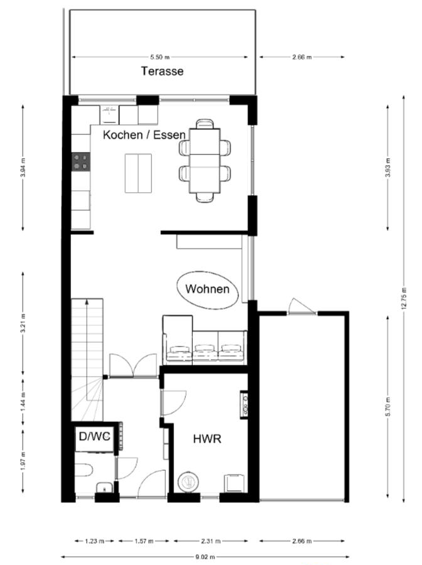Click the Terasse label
(x=162, y=71)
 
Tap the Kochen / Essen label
(x=144, y=135)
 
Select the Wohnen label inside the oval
(x=207, y=289)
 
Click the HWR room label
(x=207, y=439)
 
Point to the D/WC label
(x=94, y=436)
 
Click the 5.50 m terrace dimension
(x=160, y=57)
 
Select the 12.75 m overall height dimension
(x=404, y=298)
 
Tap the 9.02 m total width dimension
(x=205, y=557)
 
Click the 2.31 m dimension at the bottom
(x=211, y=541)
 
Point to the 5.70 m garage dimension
(x=387, y=406)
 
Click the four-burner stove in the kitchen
(x=81, y=161)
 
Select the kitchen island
(x=138, y=173)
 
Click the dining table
(x=205, y=161)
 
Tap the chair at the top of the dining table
(x=205, y=124)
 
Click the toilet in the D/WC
(x=84, y=470)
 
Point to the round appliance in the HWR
(x=188, y=482)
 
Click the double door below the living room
(x=133, y=365)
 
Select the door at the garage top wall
(x=302, y=306)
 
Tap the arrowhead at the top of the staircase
(x=87, y=301)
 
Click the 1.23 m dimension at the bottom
(x=94, y=541)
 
